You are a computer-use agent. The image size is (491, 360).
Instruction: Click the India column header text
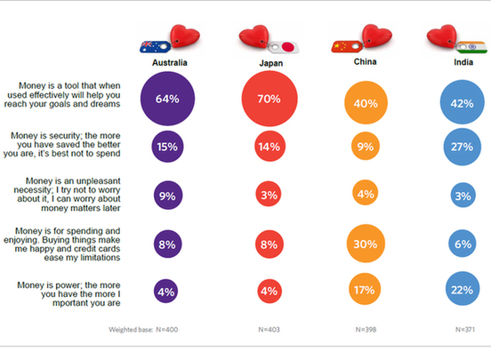(464, 64)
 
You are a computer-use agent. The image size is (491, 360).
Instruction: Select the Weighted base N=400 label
(142, 329)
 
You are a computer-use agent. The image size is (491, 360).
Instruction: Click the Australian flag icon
(153, 47)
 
